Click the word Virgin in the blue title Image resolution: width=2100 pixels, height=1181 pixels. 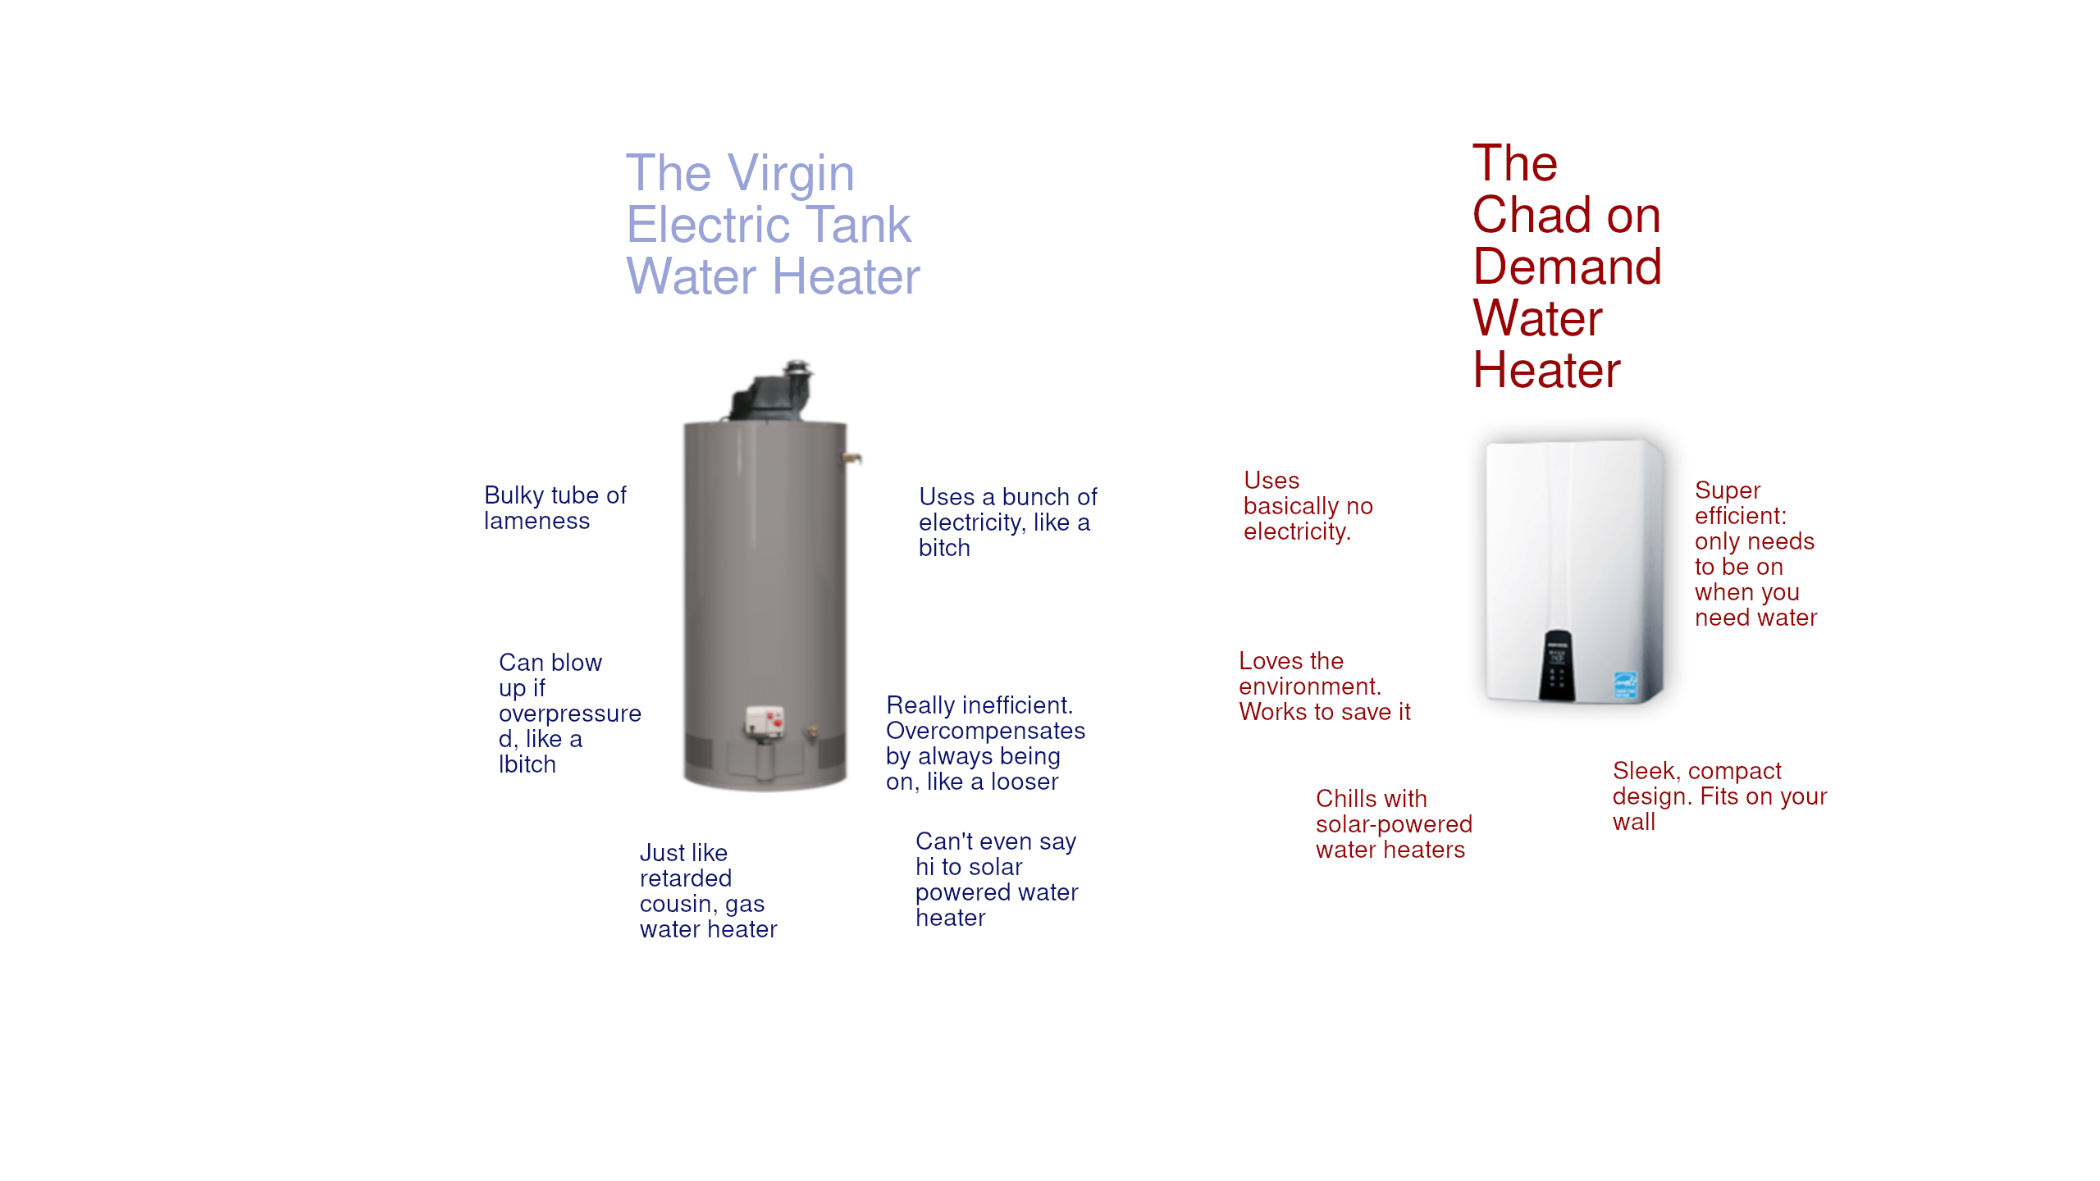(791, 174)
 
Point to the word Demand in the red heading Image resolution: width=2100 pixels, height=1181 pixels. (1567, 267)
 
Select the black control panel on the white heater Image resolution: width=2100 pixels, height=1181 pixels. (1557, 664)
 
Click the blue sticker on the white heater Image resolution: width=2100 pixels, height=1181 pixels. (1625, 685)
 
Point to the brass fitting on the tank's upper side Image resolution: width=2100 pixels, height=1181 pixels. (853, 457)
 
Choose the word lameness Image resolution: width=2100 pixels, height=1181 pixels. (536, 522)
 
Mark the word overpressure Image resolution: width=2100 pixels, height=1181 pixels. (569, 714)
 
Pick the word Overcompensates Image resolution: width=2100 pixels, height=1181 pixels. (985, 731)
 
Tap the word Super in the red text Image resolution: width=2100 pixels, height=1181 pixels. (1727, 490)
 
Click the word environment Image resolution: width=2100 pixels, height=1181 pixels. (1310, 686)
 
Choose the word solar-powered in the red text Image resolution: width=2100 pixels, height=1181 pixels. (1394, 824)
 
